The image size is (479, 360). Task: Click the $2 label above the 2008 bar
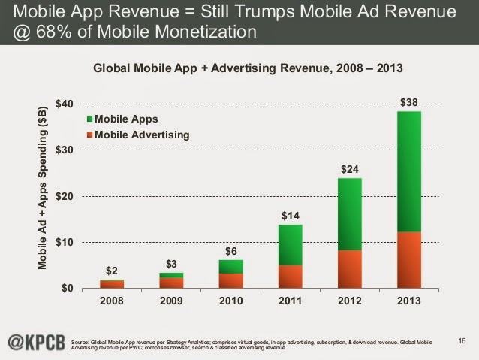(111, 270)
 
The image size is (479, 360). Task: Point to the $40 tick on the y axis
(65, 103)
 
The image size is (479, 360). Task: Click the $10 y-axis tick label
(65, 242)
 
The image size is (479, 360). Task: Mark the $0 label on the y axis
(68, 289)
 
